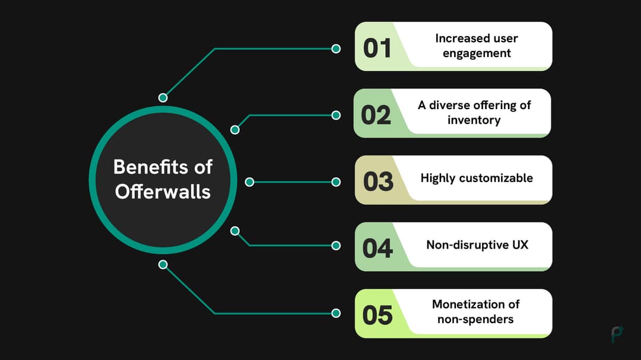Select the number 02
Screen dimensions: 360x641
(376, 114)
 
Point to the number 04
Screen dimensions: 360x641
(377, 248)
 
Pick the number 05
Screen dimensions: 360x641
(377, 315)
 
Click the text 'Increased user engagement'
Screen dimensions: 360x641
(476, 46)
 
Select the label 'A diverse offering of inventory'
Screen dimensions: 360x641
(474, 113)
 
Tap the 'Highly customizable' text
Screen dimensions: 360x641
(477, 178)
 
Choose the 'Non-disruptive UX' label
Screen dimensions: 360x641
(476, 244)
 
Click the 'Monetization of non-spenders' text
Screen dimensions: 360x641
(475, 311)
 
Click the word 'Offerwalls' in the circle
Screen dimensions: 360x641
(163, 192)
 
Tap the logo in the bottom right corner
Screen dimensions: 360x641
(617, 334)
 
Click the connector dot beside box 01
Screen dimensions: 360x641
(336, 49)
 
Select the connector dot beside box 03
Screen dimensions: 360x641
(336, 182)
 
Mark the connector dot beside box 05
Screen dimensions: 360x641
(336, 313)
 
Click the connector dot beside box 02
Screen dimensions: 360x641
(336, 115)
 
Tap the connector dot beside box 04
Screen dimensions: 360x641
(336, 245)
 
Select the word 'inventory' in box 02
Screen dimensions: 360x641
(474, 120)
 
